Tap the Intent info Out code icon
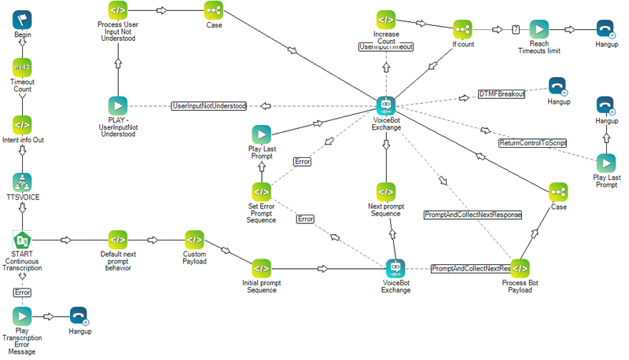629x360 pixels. click(x=22, y=124)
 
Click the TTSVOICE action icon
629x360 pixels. click(x=22, y=182)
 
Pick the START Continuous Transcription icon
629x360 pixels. click(x=22, y=239)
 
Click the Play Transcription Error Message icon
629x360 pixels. click(x=22, y=316)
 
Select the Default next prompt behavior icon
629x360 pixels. click(x=117, y=239)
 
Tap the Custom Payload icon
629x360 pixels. click(x=194, y=239)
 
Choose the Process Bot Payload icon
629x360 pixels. click(x=520, y=267)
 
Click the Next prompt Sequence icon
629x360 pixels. click(x=385, y=191)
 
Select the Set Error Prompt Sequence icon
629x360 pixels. click(x=261, y=191)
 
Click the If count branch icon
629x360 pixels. click(x=463, y=29)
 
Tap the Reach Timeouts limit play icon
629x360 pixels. click(x=539, y=29)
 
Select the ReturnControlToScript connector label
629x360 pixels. click(x=532, y=143)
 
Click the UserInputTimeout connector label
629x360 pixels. click(x=385, y=47)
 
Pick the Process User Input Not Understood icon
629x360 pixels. click(x=117, y=10)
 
